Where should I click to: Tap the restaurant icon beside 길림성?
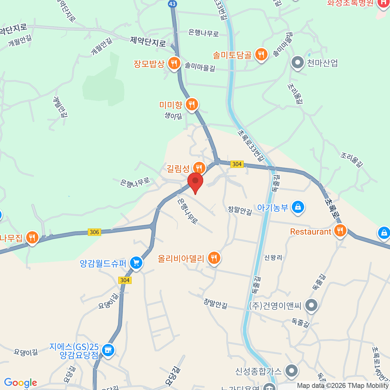[199, 168]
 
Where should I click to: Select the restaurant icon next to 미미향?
[192, 104]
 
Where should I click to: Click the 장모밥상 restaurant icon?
[174, 63]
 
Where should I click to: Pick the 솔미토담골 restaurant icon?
[261, 54]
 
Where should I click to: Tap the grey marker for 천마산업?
[297, 62]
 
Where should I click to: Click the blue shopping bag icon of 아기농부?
[298, 207]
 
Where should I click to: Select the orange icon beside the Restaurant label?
[340, 231]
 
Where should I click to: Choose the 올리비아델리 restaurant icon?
[214, 258]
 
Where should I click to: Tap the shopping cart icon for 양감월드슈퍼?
[136, 263]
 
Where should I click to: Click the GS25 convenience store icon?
[108, 350]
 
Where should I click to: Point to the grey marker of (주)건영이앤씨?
[312, 305]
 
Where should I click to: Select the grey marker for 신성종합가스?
[292, 370]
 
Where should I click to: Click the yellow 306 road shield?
[94, 232]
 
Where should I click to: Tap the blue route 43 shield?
[172, 4]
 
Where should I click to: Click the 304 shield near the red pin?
[237, 164]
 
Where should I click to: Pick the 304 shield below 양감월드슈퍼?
[125, 280]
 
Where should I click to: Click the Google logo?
[20, 383]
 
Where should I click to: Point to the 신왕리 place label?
[273, 258]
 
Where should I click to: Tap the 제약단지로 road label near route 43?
[148, 42]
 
